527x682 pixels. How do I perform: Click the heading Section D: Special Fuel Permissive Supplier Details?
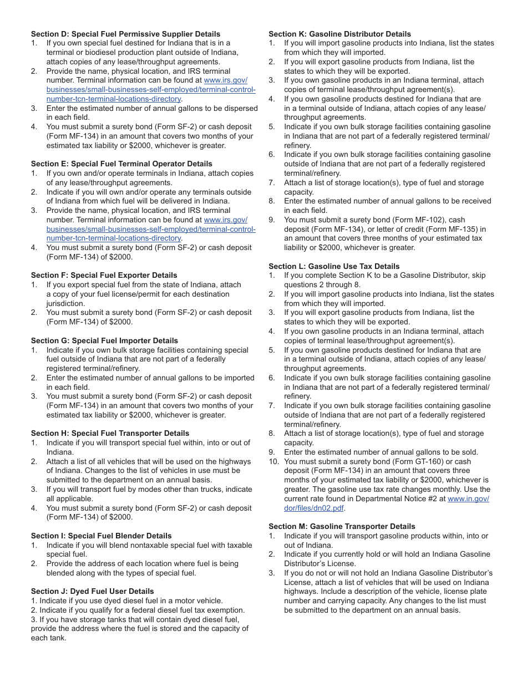(x=125, y=34)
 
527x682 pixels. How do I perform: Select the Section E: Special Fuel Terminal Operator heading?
(x=121, y=164)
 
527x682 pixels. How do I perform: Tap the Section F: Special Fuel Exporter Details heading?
(x=104, y=275)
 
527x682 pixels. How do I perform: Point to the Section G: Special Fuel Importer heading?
(x=105, y=340)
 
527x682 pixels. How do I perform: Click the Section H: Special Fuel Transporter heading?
(x=110, y=433)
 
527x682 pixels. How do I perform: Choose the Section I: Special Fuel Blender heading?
(x=102, y=536)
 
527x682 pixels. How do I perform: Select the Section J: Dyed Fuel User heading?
(x=93, y=591)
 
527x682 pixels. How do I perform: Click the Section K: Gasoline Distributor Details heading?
(x=340, y=34)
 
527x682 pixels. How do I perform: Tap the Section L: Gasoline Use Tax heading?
(x=334, y=266)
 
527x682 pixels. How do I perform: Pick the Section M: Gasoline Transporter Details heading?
(x=342, y=526)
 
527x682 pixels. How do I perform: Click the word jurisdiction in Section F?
(x=65, y=303)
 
